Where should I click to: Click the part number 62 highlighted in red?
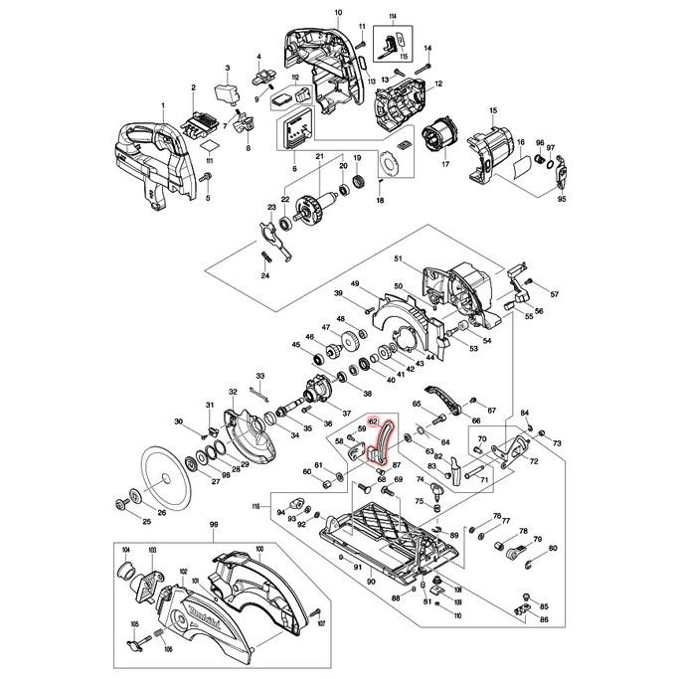(x=373, y=421)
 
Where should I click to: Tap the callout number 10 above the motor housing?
(x=337, y=12)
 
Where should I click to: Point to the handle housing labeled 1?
(x=149, y=154)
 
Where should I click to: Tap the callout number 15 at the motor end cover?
(x=492, y=109)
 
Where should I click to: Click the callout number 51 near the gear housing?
(x=398, y=259)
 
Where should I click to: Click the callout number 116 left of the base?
(x=255, y=507)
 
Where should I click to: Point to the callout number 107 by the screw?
(x=321, y=625)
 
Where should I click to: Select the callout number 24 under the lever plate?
(x=265, y=275)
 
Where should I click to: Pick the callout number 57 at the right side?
(x=555, y=295)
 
